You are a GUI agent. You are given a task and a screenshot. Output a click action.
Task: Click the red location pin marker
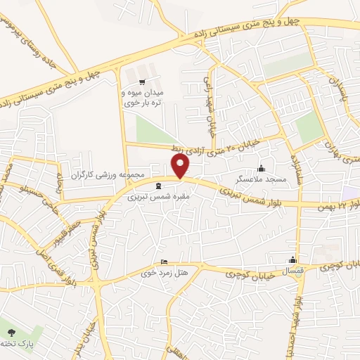(x=181, y=166)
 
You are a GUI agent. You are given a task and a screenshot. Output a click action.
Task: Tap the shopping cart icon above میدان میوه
(x=162, y=82)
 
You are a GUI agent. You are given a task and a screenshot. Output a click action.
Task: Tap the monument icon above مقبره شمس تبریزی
(x=157, y=186)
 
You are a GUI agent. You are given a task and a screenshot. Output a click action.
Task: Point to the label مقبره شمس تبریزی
(x=157, y=198)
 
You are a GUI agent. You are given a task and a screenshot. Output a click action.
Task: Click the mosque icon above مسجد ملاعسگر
(x=262, y=168)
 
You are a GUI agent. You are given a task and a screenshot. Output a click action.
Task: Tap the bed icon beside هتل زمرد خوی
(x=165, y=261)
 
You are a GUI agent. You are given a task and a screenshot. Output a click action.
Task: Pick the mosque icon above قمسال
(x=294, y=259)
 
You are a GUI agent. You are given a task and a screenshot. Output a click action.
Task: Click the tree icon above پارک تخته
(x=11, y=331)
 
